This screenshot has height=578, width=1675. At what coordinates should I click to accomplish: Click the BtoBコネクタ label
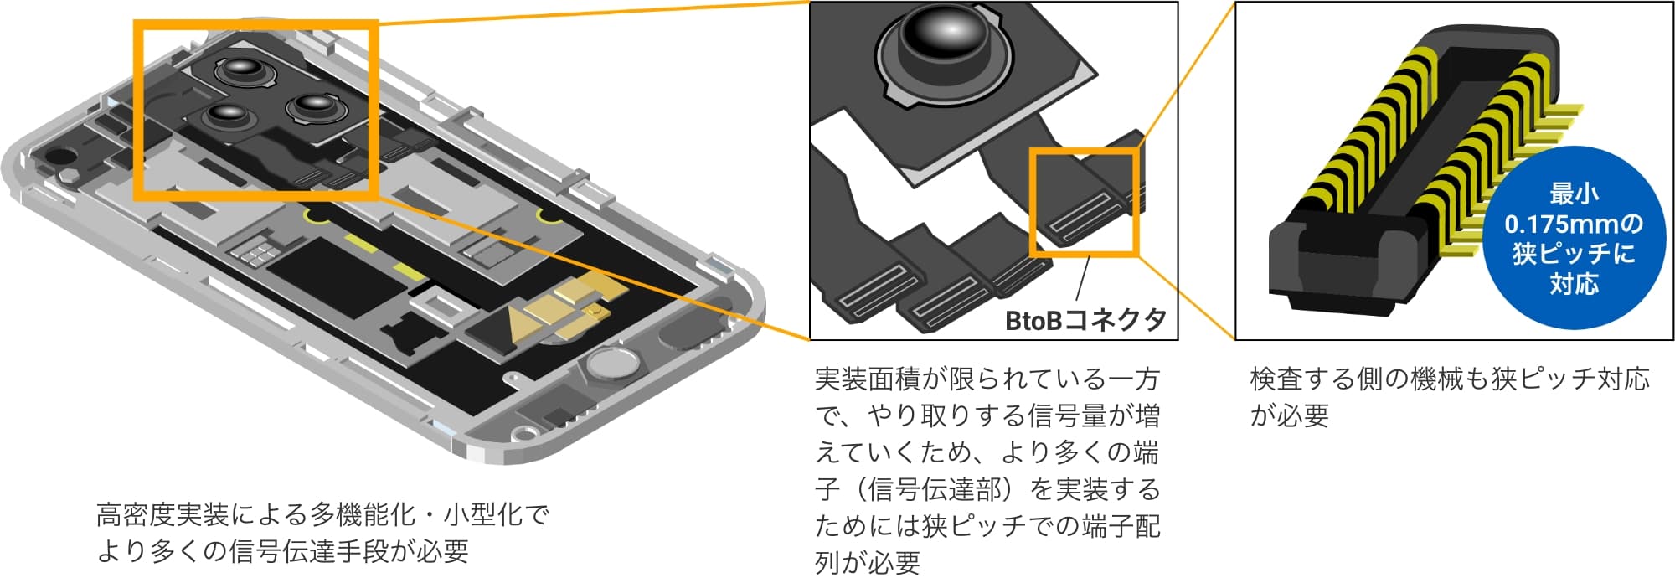(1085, 319)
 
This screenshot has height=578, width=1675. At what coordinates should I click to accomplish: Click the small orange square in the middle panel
(1083, 202)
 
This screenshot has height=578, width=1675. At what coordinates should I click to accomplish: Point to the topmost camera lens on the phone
(242, 71)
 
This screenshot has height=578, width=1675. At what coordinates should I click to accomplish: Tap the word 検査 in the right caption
(1276, 379)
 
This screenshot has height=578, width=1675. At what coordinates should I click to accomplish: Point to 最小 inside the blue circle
(1573, 194)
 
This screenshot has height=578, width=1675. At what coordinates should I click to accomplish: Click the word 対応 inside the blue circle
(1573, 284)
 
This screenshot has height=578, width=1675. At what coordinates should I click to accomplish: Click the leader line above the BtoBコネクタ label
(1082, 279)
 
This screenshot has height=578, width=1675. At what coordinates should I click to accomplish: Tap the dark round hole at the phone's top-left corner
(58, 156)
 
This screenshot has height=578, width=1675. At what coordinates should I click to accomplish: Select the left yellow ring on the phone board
(317, 215)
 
